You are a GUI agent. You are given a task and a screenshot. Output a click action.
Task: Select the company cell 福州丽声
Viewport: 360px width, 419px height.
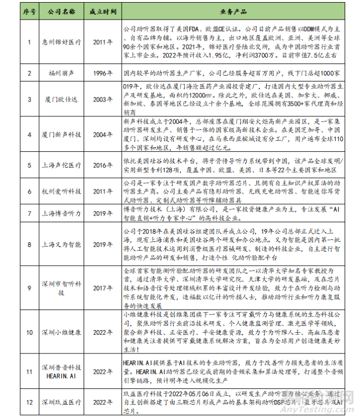(x=61, y=71)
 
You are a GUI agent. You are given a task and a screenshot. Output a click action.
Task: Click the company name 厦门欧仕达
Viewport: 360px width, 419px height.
(x=61, y=97)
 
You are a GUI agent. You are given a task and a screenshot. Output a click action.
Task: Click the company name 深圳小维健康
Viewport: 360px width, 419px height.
(x=61, y=334)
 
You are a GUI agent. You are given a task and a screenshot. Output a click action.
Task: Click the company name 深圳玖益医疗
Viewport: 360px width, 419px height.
(x=61, y=402)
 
